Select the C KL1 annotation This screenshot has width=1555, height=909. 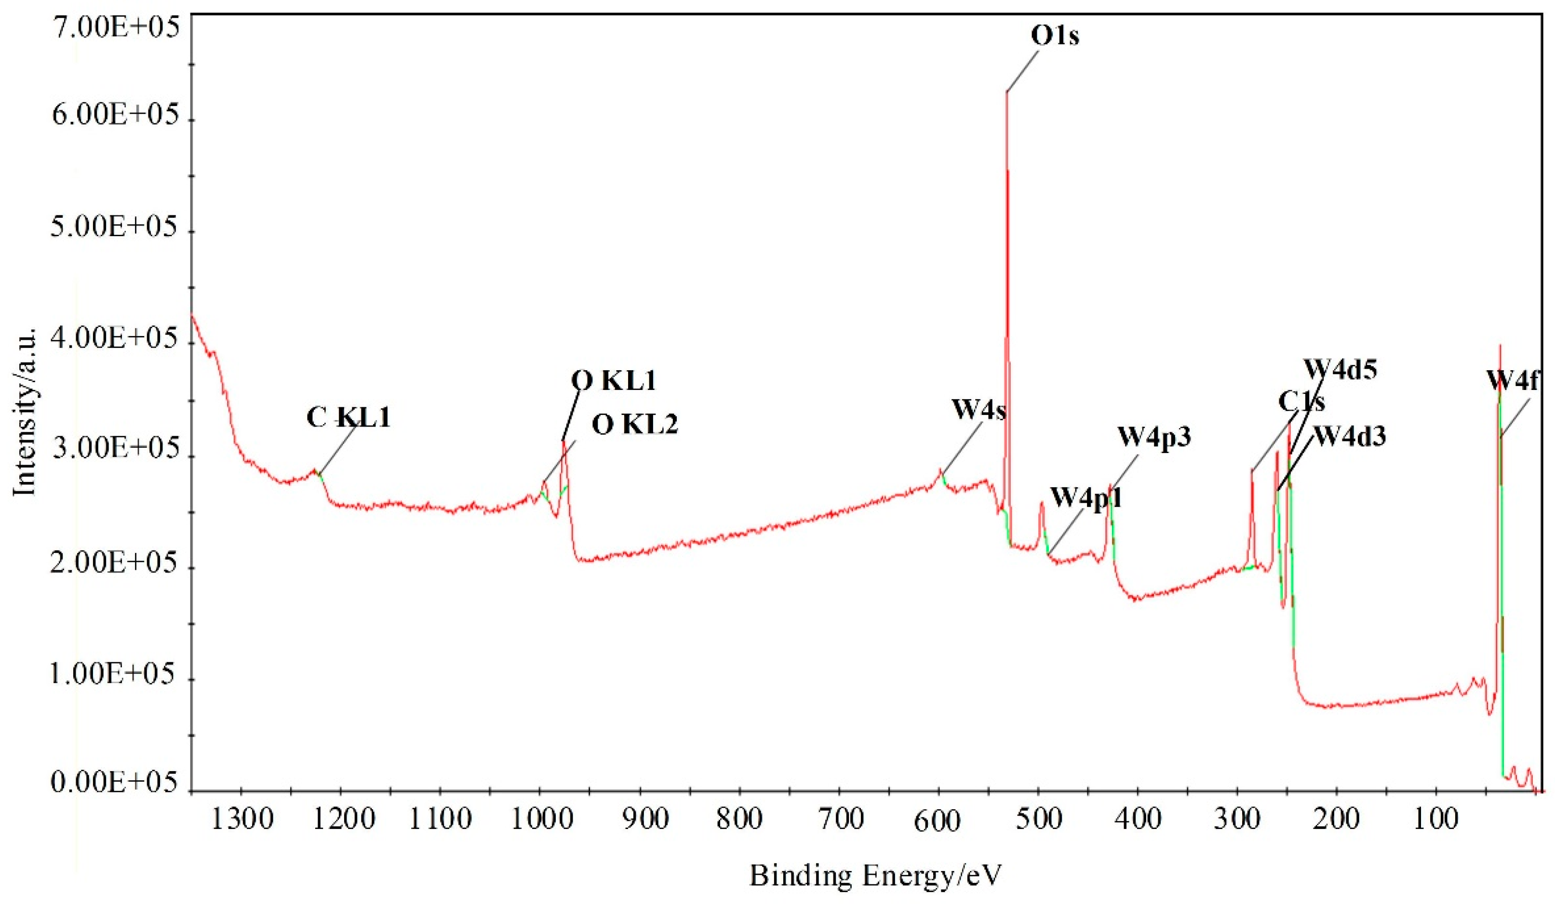coord(349,418)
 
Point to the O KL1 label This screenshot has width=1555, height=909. coord(613,381)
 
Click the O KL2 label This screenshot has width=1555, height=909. coord(635,425)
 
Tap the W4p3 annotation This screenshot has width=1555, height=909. coord(1154,437)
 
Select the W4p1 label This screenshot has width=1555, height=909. coord(1086,496)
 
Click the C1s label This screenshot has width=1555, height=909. coord(1301,402)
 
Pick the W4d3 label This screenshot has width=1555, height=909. coord(1350,437)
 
